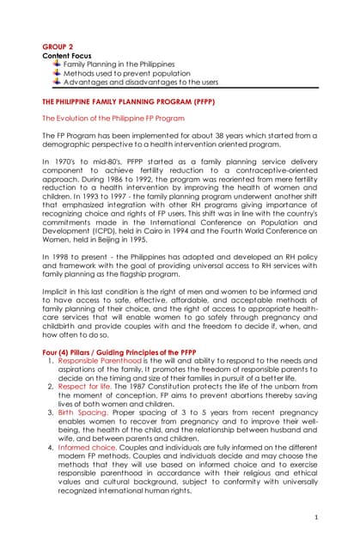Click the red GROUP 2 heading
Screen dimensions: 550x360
58,46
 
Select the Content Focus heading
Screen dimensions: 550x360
69,56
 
